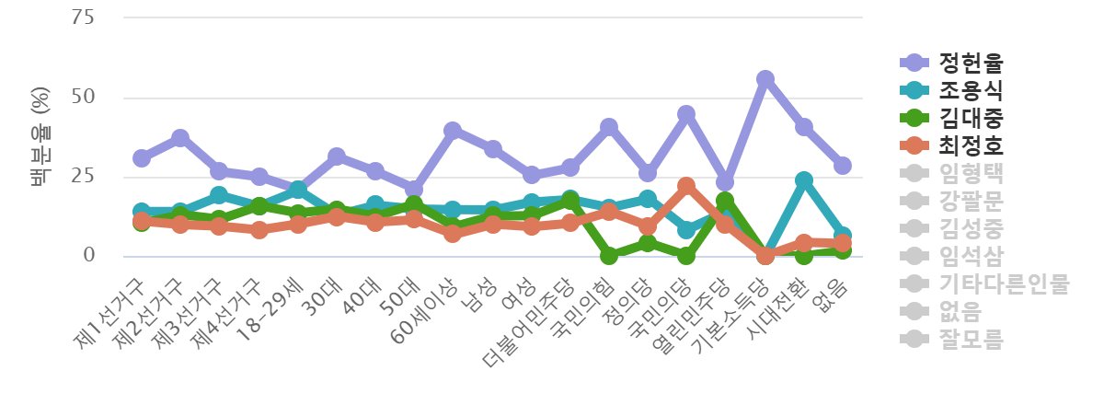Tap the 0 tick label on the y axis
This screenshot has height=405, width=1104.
[x=89, y=255]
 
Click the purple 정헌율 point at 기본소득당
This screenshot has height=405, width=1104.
[x=765, y=79]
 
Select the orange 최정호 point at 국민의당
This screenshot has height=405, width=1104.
[x=686, y=186]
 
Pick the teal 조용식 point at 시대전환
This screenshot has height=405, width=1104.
[x=804, y=180]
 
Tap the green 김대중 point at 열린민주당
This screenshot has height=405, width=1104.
[x=725, y=200]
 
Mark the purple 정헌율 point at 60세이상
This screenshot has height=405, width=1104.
[x=453, y=130]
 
